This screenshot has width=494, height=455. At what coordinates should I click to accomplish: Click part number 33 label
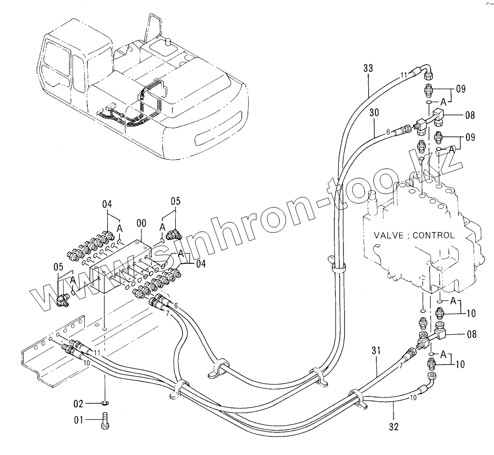pyautogui.click(x=368, y=68)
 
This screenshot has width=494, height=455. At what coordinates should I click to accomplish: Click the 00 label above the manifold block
pyautogui.click(x=141, y=222)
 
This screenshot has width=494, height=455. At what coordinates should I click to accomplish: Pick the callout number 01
pyautogui.click(x=78, y=420)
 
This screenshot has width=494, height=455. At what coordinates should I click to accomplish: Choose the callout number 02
pyautogui.click(x=78, y=404)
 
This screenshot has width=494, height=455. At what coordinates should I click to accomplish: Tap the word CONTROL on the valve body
pyautogui.click(x=434, y=235)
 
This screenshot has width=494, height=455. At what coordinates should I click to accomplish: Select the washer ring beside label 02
pyautogui.click(x=105, y=404)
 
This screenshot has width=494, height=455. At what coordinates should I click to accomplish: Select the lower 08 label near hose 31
pyautogui.click(x=471, y=334)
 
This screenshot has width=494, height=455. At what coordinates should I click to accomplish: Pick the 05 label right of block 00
pyautogui.click(x=176, y=201)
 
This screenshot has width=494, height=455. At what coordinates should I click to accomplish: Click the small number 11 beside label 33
pyautogui.click(x=403, y=75)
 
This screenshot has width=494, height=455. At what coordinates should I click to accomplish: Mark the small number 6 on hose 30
pyautogui.click(x=388, y=132)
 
